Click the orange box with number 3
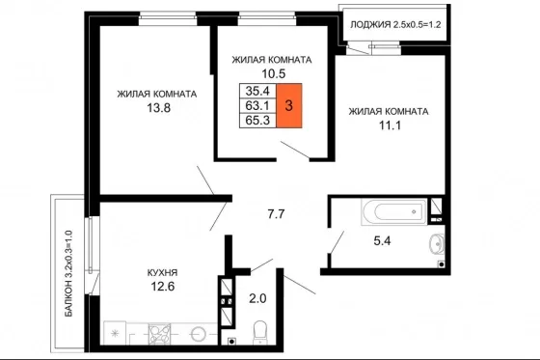289,105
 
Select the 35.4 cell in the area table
258,91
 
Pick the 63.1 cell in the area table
258,105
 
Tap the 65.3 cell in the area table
258,121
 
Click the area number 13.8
159,108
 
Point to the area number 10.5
274,73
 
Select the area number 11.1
391,125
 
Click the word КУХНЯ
163,273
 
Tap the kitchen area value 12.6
163,287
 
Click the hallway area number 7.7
276,214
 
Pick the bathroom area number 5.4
382,240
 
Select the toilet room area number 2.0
258,298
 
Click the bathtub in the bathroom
394,211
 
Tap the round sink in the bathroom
437,244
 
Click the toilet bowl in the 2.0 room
259,332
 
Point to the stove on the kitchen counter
159,334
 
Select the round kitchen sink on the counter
199,334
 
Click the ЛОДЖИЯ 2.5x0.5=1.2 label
395,25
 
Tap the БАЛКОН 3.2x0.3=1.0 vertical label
68,273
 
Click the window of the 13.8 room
168,18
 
